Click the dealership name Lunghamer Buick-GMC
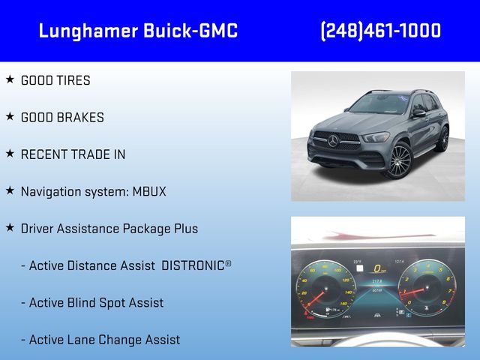pos(138,31)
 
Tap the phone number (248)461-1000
pos(380,31)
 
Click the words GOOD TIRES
pos(55,80)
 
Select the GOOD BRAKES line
pos(62,118)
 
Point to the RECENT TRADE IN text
pos(73,154)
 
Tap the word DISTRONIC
pos(193,265)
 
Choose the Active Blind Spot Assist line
pos(96,303)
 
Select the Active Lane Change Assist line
pos(104,340)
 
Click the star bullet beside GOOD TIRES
pos(10,79)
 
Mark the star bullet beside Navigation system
pos(10,190)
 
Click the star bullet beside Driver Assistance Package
pos(10,228)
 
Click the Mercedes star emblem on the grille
pos(333,140)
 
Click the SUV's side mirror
pos(418,113)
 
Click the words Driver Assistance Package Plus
pos(109,229)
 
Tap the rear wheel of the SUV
pos(443,139)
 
